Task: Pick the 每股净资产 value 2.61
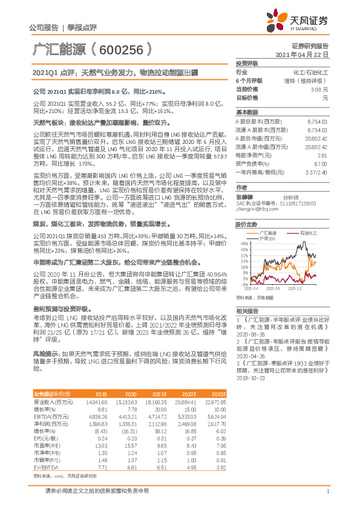(x=322, y=155)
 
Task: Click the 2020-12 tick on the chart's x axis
(x=294, y=288)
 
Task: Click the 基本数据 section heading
(x=246, y=112)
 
